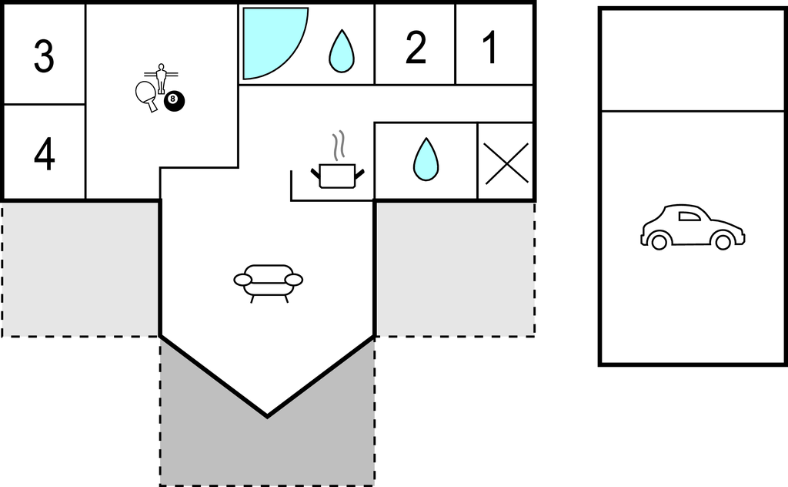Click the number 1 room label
490,47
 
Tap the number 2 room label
416,47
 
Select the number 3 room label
44,56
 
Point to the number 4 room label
44,154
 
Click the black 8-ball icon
174,101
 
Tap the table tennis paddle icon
146,96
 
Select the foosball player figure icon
161,78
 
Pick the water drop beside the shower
341,52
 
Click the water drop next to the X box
426,160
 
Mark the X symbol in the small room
506,163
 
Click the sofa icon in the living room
269,283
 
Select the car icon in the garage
693,227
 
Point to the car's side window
689,217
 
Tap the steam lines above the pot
339,146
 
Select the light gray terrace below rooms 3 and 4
80,269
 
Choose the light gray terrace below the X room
456,269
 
